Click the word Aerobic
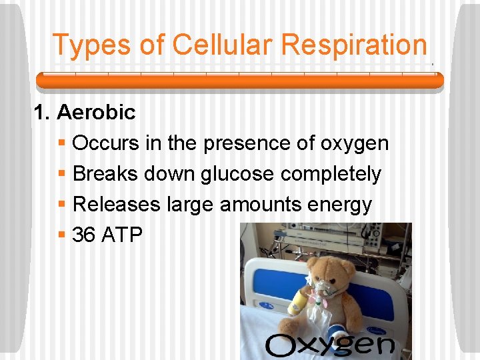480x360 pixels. [x=96, y=113]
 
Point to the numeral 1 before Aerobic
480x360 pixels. [x=41, y=113]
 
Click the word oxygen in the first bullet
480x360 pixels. [x=355, y=143]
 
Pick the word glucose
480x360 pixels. [x=237, y=174]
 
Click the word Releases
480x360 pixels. [x=117, y=204]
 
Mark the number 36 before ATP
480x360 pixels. [x=84, y=235]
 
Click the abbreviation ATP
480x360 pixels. [x=122, y=235]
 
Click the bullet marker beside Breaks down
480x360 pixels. [x=61, y=174]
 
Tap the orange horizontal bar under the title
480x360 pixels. [x=239, y=81]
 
